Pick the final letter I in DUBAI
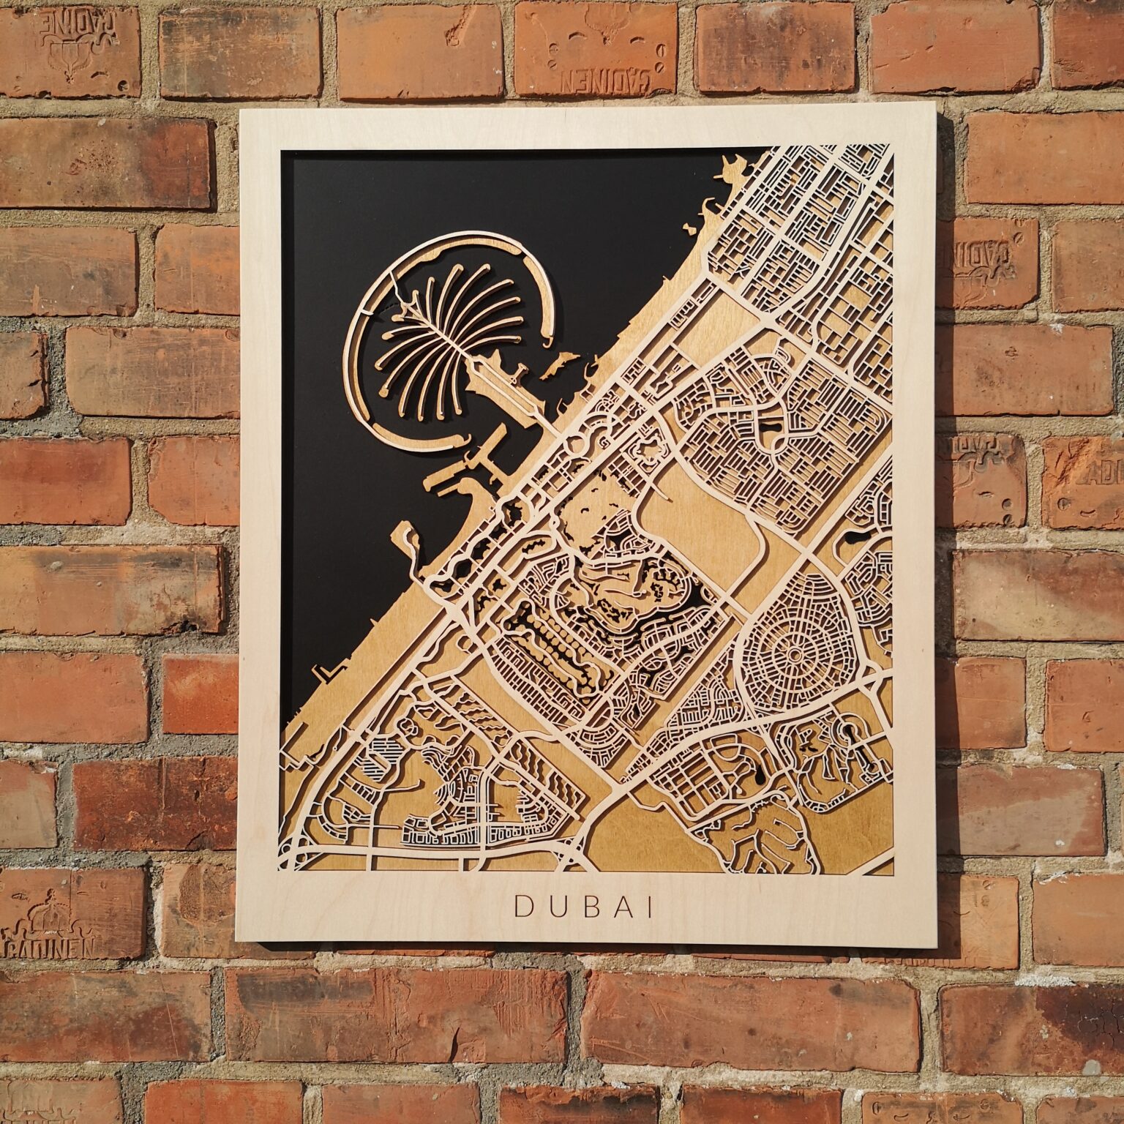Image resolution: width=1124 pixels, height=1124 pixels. (x=648, y=907)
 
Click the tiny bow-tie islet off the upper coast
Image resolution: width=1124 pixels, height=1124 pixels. (x=690, y=228)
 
